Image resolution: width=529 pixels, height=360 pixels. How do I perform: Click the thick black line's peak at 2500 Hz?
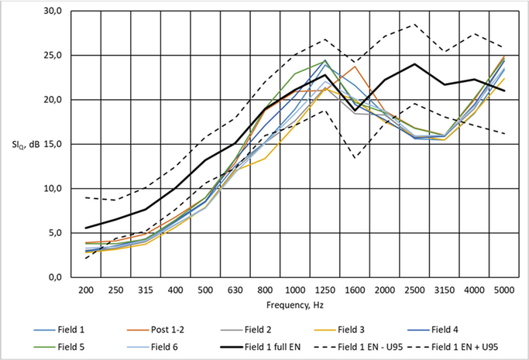click(x=415, y=64)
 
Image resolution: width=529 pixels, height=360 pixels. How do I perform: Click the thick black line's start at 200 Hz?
click(x=86, y=228)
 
